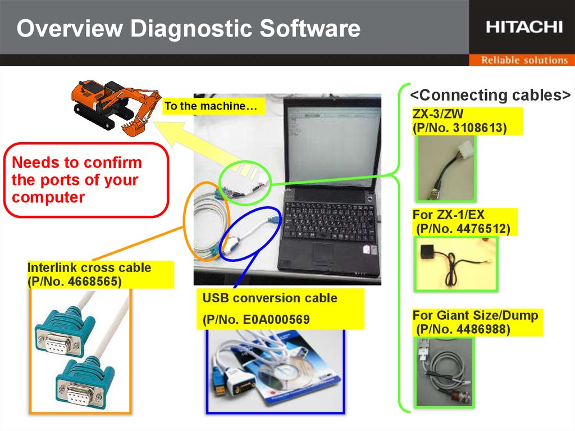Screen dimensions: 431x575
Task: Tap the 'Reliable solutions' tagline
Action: click(524, 60)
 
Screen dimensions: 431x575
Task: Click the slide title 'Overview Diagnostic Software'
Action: click(188, 28)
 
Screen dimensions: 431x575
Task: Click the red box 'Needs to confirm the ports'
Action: click(86, 180)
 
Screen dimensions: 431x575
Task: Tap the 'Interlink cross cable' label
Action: click(89, 267)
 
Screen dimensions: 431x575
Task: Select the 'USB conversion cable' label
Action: click(270, 298)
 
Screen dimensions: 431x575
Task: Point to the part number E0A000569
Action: click(257, 320)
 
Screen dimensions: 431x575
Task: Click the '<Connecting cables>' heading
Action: click(490, 95)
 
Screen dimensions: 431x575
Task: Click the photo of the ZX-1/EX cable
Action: click(456, 263)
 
